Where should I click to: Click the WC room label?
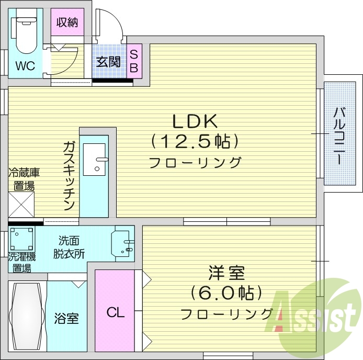[x=25, y=66]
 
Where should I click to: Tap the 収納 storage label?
[x=69, y=22]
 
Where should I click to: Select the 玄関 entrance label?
[x=108, y=61]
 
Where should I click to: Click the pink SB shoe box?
[x=133, y=61]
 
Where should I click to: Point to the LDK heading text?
[x=195, y=121]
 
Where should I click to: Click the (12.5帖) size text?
[x=195, y=141]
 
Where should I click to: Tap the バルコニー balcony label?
[x=339, y=136]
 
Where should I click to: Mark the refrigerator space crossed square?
[x=21, y=204]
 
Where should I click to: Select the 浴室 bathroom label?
[x=66, y=318]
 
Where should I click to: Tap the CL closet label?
[x=115, y=313]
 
